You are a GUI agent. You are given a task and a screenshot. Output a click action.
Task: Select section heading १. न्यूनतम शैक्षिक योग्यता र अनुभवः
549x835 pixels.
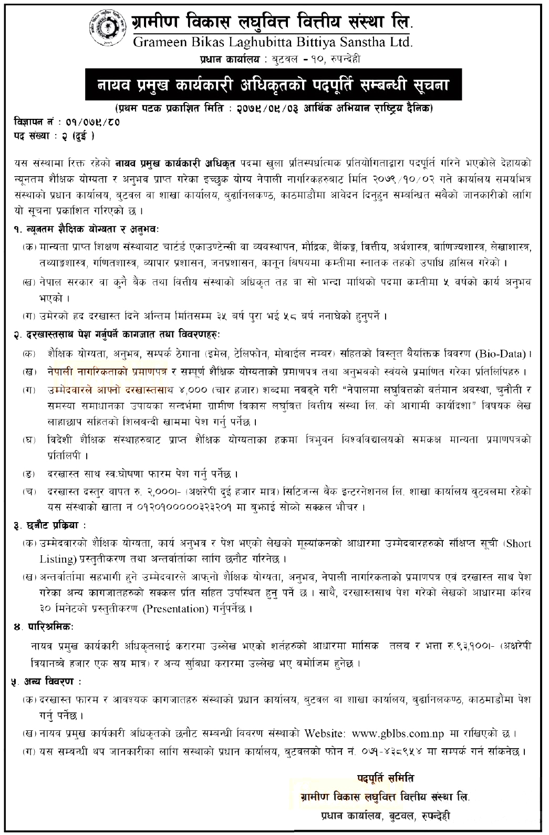[x=86, y=230]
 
